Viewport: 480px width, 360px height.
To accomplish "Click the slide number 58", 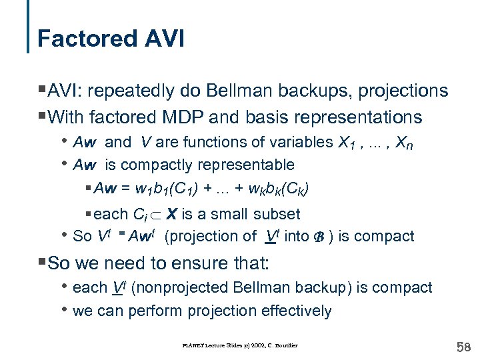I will [462, 346].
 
